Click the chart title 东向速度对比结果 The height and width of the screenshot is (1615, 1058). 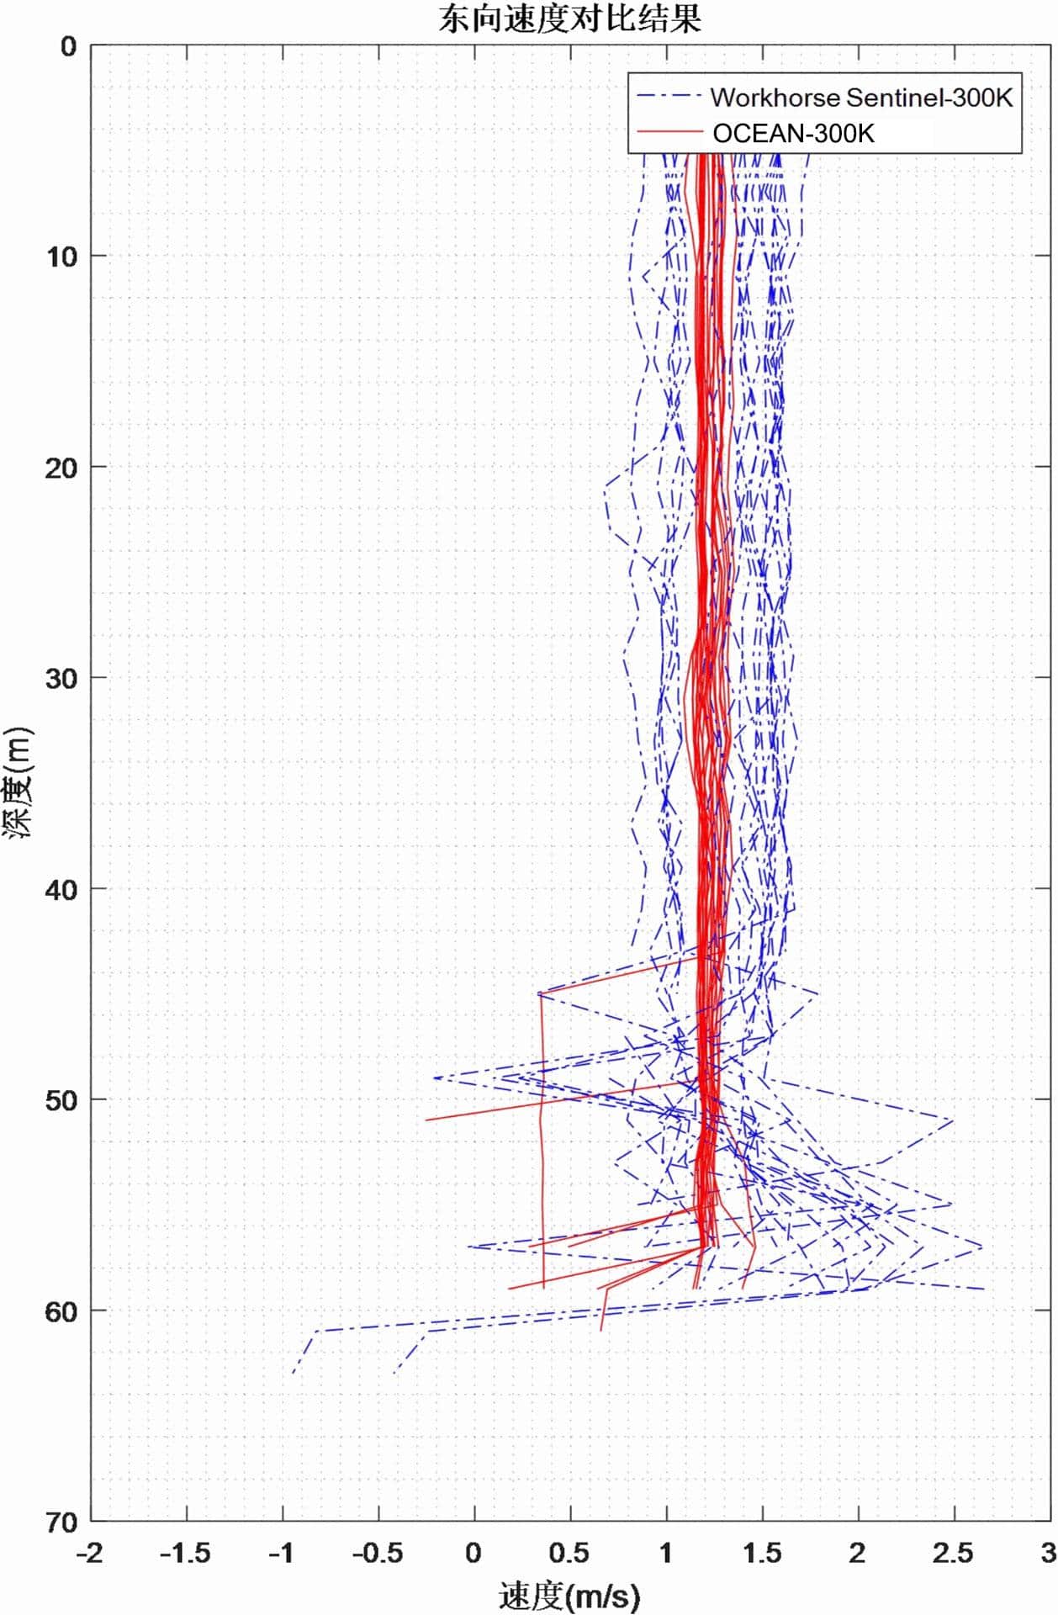point(569,19)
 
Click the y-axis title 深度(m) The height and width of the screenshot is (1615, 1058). point(19,781)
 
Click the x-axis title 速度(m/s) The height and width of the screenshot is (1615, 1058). point(569,1595)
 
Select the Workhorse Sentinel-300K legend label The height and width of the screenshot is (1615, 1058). point(861,98)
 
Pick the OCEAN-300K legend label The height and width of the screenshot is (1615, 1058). point(793,133)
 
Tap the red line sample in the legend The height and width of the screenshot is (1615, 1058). point(669,132)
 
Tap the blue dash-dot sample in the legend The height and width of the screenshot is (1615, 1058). point(669,97)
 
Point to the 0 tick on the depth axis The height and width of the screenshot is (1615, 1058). point(68,46)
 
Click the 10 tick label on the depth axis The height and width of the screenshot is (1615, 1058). point(61,257)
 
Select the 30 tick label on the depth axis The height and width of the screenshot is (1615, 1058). point(61,678)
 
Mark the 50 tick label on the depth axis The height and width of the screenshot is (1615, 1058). point(61,1100)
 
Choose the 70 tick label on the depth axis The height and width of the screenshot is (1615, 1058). point(61,1522)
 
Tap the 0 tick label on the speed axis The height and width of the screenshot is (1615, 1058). point(473,1553)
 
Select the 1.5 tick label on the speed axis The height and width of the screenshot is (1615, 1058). point(762,1553)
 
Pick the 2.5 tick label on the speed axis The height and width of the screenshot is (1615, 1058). point(953,1553)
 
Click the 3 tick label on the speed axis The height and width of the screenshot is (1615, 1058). point(1048,1553)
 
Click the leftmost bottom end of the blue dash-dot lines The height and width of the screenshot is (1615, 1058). point(293,1373)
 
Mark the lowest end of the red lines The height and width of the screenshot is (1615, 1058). point(601,1330)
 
